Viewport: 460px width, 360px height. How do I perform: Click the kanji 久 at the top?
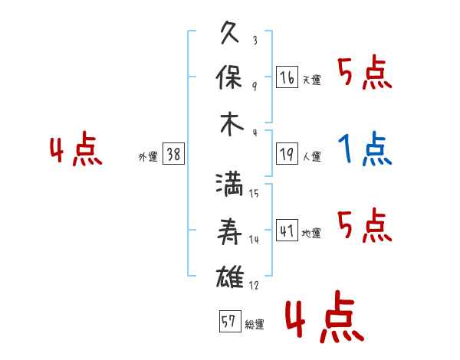pyautogui.click(x=230, y=32)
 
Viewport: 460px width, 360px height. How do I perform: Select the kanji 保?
pyautogui.click(x=229, y=77)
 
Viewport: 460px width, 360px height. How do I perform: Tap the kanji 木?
pyautogui.click(x=232, y=124)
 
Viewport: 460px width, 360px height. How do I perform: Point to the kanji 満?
pyautogui.click(x=229, y=185)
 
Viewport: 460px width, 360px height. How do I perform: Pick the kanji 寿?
pyautogui.click(x=229, y=231)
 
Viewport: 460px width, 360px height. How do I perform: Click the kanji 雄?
pyautogui.click(x=230, y=277)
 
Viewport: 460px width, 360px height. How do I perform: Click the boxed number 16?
pyautogui.click(x=287, y=77)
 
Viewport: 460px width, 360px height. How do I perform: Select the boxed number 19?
pyautogui.click(x=287, y=154)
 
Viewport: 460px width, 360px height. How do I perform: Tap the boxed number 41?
pyautogui.click(x=287, y=230)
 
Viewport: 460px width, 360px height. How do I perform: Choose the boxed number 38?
pyautogui.click(x=173, y=154)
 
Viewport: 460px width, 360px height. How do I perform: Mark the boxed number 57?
pyautogui.click(x=230, y=321)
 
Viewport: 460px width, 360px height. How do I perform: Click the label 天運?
pyautogui.click(x=311, y=80)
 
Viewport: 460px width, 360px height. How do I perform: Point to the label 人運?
pyautogui.click(x=311, y=156)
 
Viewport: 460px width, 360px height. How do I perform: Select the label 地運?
pyautogui.click(x=311, y=233)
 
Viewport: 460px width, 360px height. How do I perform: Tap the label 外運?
pyautogui.click(x=148, y=156)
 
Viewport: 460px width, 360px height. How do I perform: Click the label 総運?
pyautogui.click(x=255, y=325)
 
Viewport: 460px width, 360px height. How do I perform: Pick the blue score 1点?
pyautogui.click(x=365, y=149)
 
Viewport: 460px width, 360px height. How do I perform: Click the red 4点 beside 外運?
pyautogui.click(x=76, y=149)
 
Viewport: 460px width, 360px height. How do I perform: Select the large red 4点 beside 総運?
pyautogui.click(x=325, y=316)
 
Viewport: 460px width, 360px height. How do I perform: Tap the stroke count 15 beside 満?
pyautogui.click(x=254, y=193)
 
